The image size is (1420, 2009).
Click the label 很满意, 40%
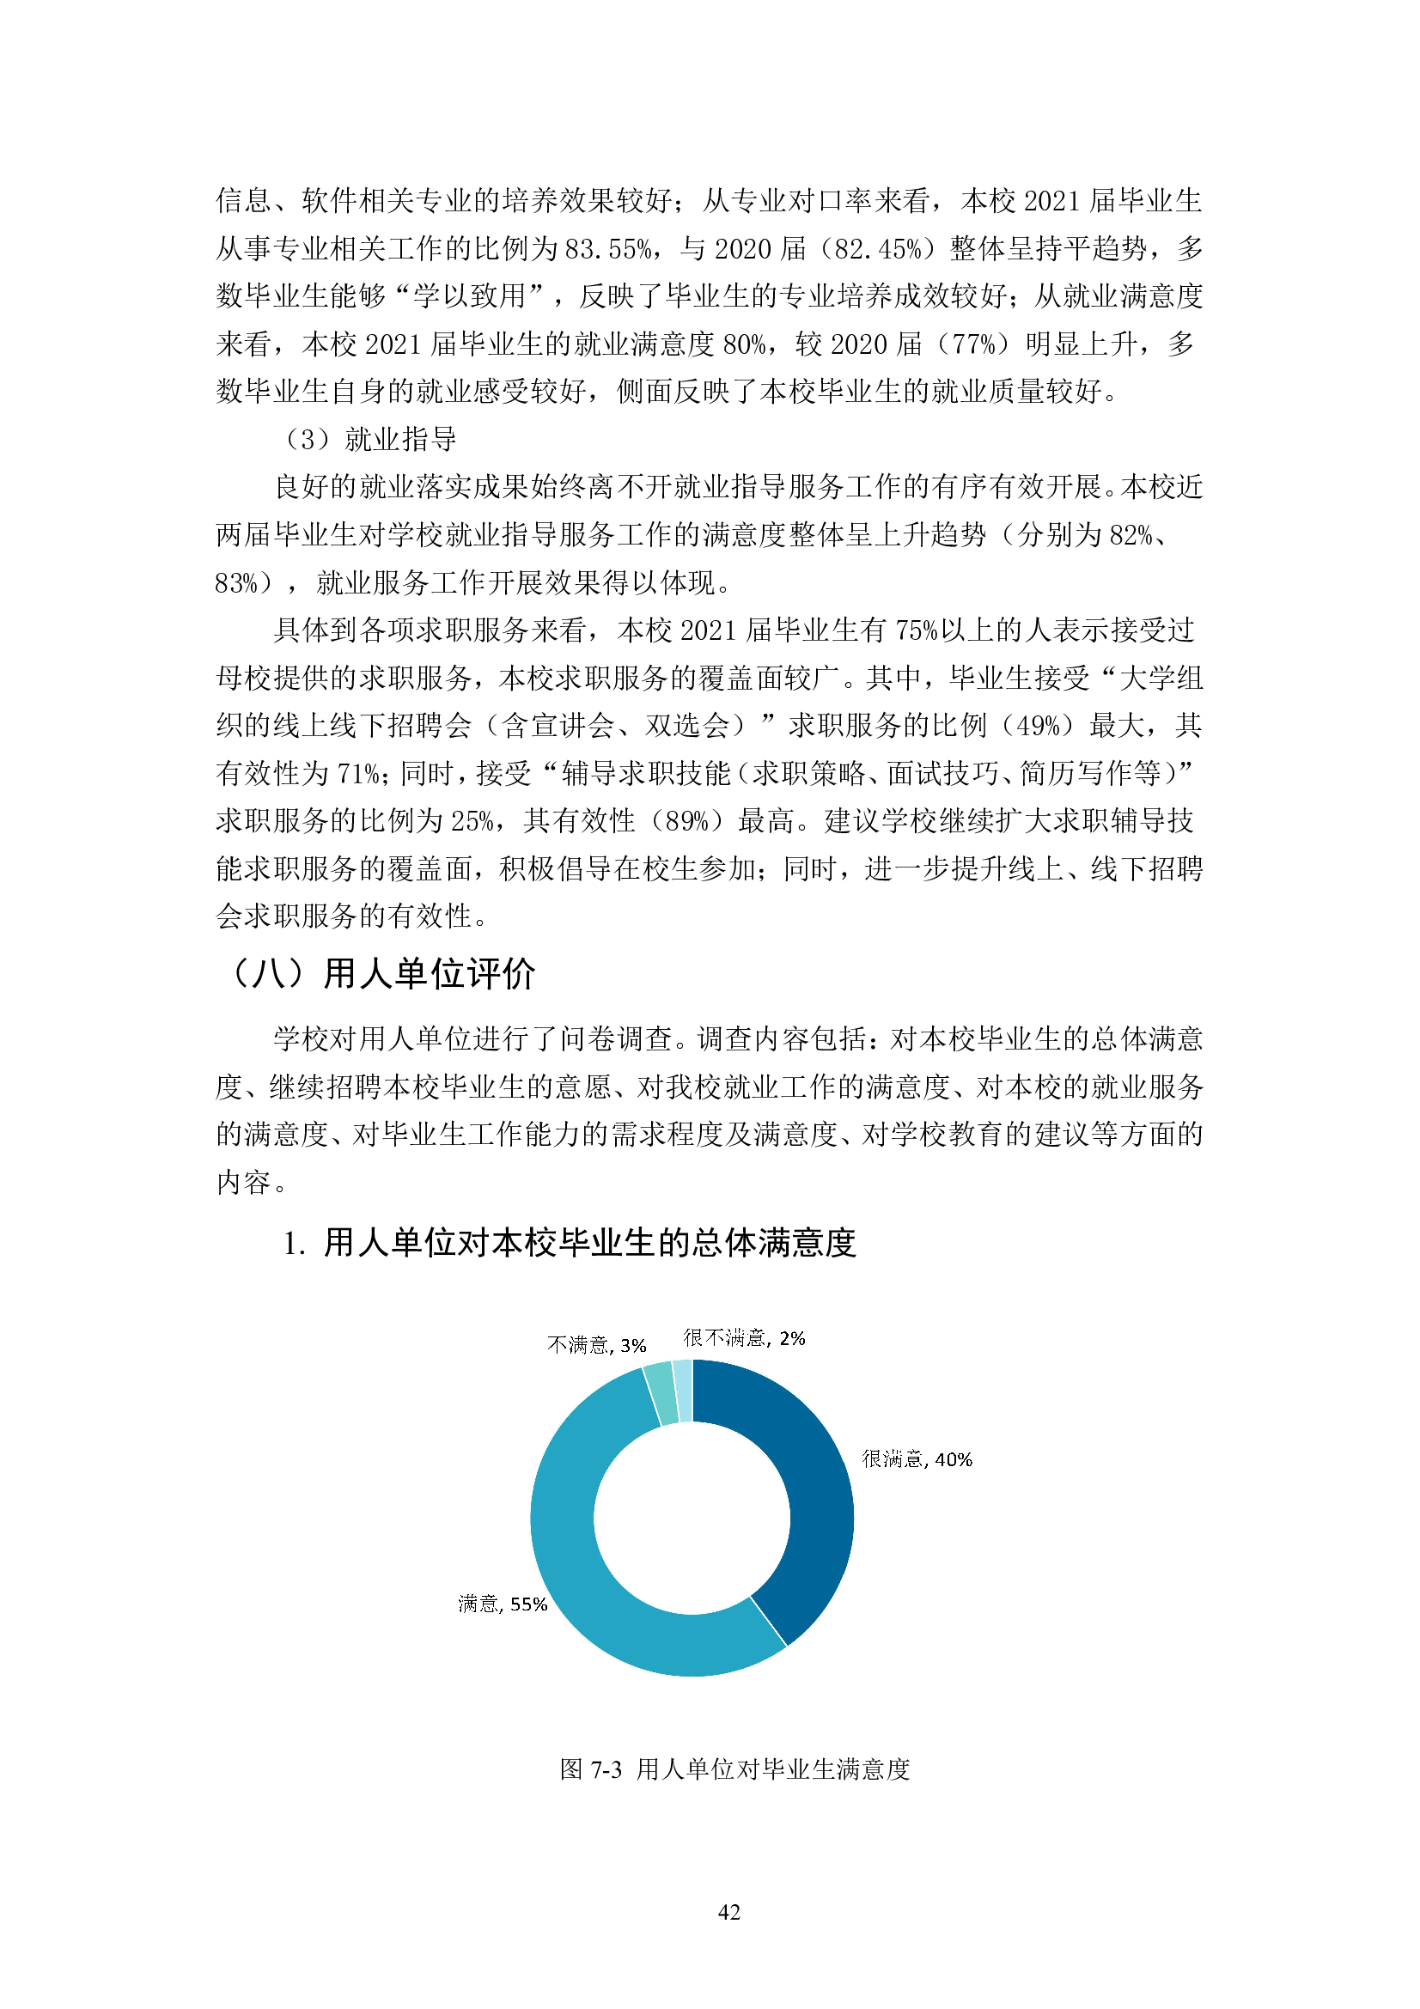[x=916, y=1459]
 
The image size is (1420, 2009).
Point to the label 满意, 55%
[x=503, y=1604]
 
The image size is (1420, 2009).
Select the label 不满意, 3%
[x=596, y=1345]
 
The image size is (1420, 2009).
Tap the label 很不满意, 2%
[x=744, y=1338]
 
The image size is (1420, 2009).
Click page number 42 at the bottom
[x=728, y=1912]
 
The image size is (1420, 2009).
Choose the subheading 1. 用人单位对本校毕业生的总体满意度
[x=569, y=1243]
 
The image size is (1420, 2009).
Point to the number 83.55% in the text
[x=608, y=249]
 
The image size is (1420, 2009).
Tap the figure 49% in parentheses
[x=1037, y=726]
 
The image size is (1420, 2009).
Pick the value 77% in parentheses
[x=974, y=344]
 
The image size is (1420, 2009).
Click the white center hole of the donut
[x=692, y=1518]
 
